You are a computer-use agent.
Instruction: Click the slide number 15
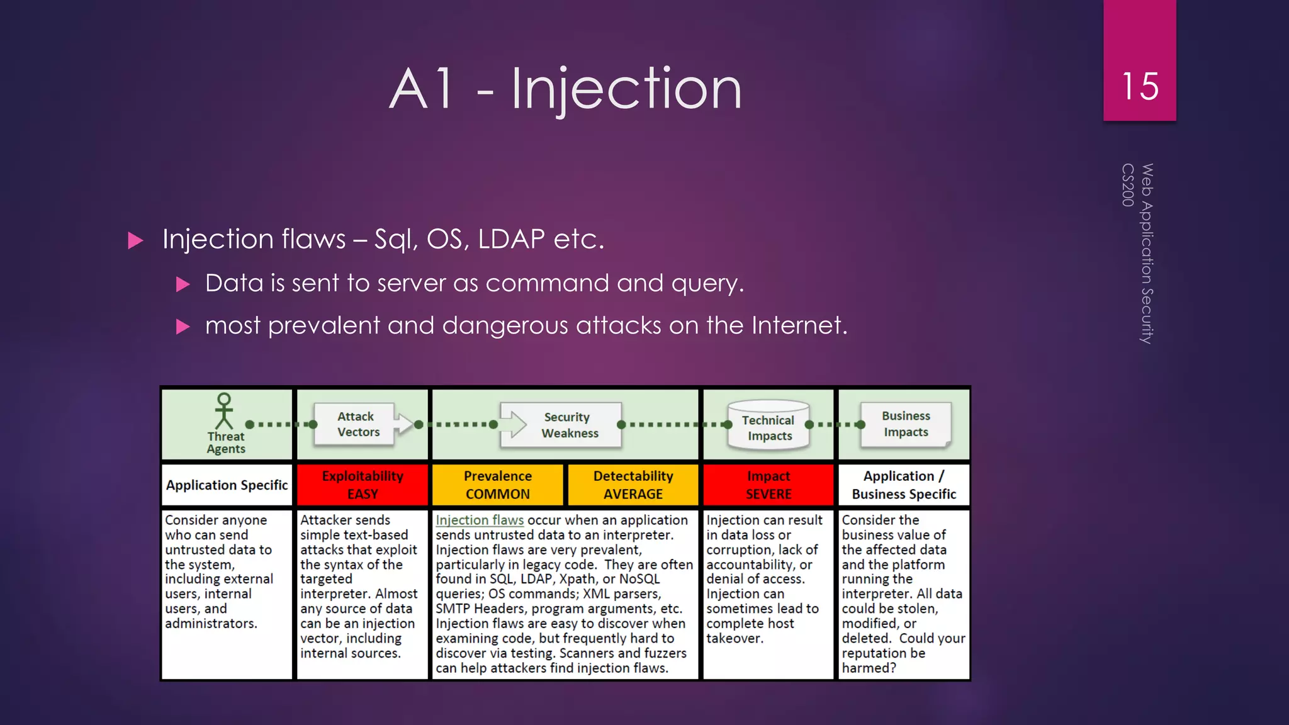click(1139, 86)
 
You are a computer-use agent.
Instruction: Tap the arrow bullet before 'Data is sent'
click(183, 284)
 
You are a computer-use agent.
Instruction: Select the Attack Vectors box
click(356, 424)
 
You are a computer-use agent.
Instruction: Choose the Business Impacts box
click(905, 424)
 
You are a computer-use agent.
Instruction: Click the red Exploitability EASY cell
click(363, 485)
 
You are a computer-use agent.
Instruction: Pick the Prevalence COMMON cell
click(497, 485)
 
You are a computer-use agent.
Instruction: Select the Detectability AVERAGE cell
click(633, 485)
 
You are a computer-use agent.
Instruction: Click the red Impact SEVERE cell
click(768, 485)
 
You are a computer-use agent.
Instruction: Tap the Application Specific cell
click(227, 485)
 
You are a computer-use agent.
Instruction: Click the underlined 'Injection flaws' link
click(480, 520)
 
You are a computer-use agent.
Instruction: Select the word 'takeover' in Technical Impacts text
click(734, 639)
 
